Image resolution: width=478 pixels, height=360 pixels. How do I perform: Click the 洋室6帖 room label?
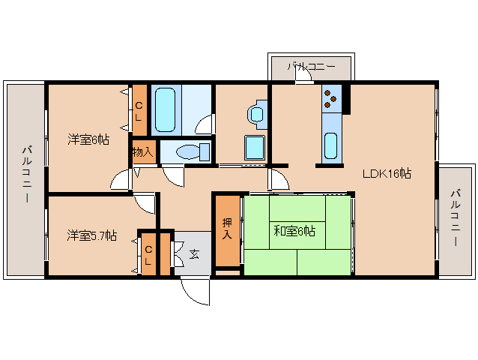pyautogui.click(x=88, y=139)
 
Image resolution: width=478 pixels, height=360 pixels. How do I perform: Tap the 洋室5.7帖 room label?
pyautogui.click(x=91, y=235)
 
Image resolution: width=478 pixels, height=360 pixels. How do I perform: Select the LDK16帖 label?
pyautogui.click(x=386, y=173)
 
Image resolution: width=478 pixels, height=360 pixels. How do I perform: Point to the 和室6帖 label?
pyautogui.click(x=294, y=231)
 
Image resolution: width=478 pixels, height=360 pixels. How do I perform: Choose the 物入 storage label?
pyautogui.click(x=142, y=151)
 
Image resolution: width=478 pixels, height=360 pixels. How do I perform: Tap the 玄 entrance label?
pyautogui.click(x=194, y=253)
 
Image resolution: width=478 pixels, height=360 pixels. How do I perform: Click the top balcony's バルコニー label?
pyautogui.click(x=310, y=67)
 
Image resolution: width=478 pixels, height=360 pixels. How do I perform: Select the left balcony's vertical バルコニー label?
pyautogui.click(x=26, y=175)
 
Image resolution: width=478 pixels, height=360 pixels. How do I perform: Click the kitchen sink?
pyautogui.click(x=331, y=145)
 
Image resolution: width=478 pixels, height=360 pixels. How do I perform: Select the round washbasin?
pyautogui.click(x=256, y=114)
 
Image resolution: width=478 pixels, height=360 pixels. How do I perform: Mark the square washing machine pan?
pyautogui.click(x=255, y=148)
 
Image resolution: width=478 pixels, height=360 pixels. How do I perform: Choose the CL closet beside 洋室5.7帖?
pyautogui.click(x=148, y=255)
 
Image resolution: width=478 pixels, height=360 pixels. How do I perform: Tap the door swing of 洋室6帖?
pyautogui.click(x=120, y=180)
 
